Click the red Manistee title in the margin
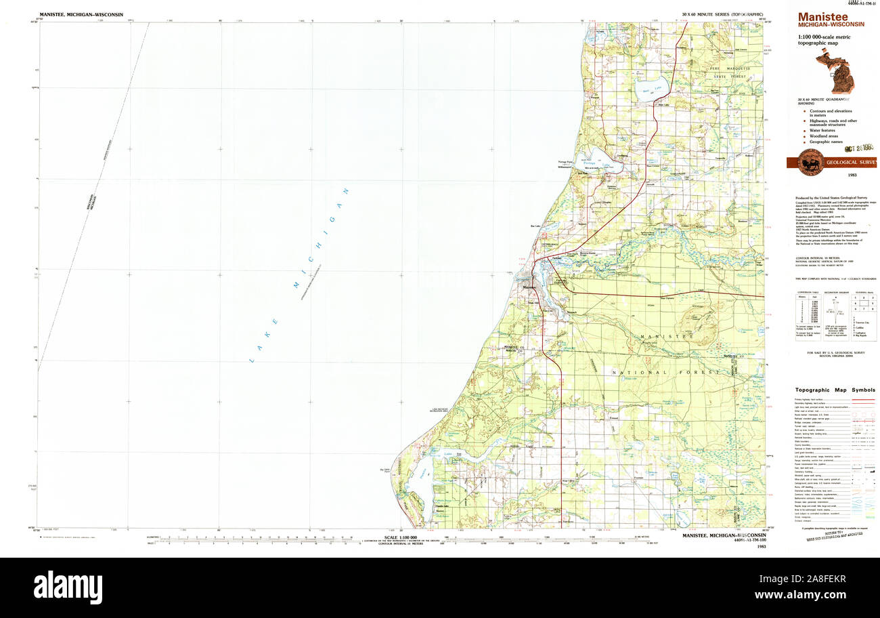click(x=822, y=16)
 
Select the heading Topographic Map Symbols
click(x=835, y=390)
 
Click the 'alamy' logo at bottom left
click(x=68, y=587)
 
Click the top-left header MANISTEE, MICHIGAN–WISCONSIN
click(x=81, y=14)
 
